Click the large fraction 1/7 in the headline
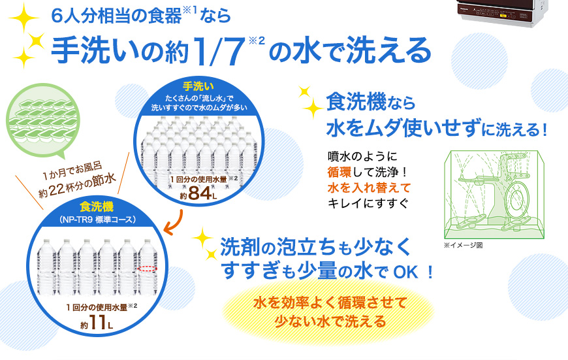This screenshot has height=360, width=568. click(x=219, y=50)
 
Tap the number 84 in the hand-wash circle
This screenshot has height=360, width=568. click(x=200, y=193)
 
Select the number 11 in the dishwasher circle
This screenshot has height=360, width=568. click(x=97, y=322)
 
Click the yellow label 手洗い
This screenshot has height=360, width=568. click(x=198, y=86)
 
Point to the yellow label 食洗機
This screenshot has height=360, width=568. click(x=97, y=206)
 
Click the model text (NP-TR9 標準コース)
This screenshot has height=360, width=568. click(x=97, y=220)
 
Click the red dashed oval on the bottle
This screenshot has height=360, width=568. click(x=148, y=269)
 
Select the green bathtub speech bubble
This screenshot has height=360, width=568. click(x=42, y=121)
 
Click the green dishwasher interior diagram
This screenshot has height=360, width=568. click(x=494, y=195)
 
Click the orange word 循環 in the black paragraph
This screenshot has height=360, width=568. click(x=339, y=172)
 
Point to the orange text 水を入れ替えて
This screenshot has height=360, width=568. click(x=369, y=188)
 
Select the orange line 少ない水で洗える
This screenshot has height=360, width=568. click(x=330, y=321)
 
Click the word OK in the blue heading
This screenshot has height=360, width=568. click(x=405, y=272)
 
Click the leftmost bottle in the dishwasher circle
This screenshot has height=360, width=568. click(x=47, y=267)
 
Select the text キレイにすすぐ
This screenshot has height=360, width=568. click(x=368, y=203)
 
